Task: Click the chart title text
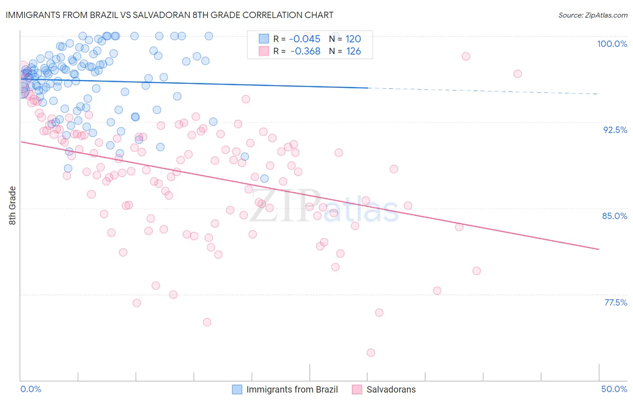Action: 169,15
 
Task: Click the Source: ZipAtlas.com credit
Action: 592,15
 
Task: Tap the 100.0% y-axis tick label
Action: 612,44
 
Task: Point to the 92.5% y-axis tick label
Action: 615,130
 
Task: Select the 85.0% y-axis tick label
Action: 615,216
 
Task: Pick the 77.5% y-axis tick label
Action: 615,302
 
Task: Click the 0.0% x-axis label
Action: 31,389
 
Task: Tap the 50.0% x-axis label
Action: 614,389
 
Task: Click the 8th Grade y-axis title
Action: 12,206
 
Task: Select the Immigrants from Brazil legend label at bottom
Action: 292,389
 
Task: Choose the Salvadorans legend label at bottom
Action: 391,389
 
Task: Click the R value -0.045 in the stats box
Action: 305,39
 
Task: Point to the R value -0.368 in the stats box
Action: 305,51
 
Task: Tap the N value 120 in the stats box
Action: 353,39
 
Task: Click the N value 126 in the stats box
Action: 353,51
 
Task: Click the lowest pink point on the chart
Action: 371,352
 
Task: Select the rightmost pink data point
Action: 518,74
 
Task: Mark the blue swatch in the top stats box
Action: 263,39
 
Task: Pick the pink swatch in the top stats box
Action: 263,51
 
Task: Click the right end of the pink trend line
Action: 599,249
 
